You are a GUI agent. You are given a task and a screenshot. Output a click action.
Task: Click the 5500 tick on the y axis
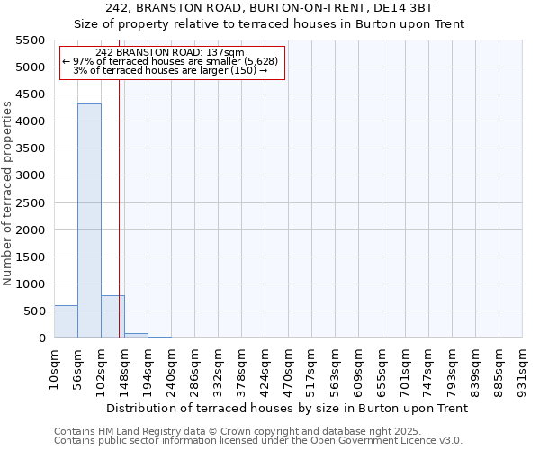[x=30, y=40]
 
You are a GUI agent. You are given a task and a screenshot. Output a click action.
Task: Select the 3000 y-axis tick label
[x=30, y=175]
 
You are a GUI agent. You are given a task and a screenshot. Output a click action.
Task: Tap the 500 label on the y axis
[x=33, y=311]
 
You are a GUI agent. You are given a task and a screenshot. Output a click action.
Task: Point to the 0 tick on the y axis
[x=41, y=338]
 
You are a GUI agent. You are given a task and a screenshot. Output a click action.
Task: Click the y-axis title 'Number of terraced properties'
[x=8, y=193]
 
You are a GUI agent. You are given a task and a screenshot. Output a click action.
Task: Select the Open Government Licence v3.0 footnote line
[x=258, y=441]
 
